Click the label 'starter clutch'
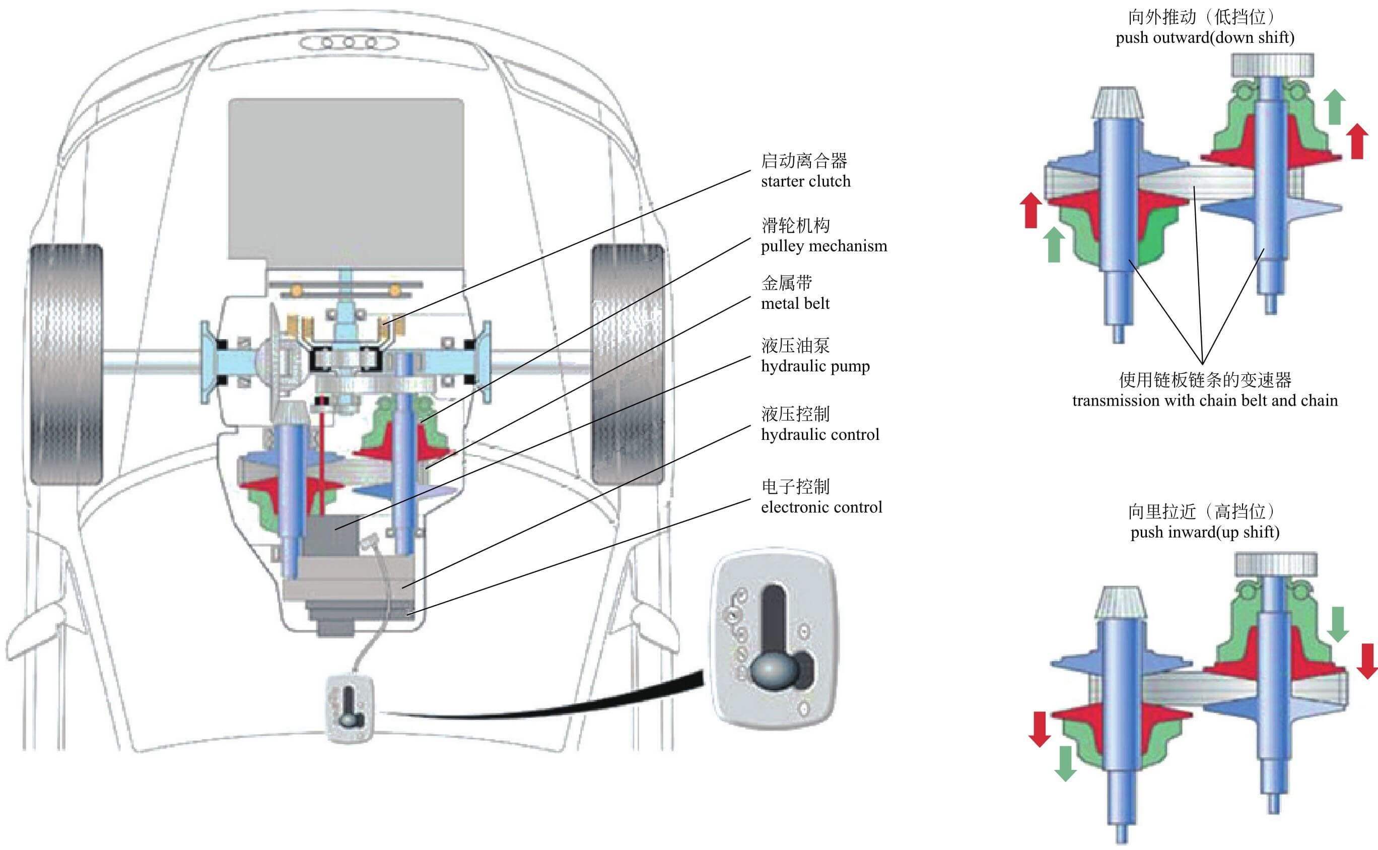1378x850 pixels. [805, 181]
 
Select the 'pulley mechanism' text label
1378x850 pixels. [823, 246]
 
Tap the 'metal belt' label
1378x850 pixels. [795, 303]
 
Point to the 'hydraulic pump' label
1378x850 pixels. [815, 366]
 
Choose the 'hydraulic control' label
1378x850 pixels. [819, 434]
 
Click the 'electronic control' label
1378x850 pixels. [821, 507]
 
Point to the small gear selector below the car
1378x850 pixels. [350, 709]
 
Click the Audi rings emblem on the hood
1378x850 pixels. [349, 42]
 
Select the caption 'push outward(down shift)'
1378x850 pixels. [1204, 38]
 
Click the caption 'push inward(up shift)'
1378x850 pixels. [1204, 532]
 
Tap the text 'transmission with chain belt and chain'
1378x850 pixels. [1204, 400]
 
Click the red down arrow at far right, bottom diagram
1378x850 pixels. [1366, 661]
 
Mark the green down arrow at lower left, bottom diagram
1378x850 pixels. [1065, 762]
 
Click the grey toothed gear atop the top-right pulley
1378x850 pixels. [1272, 65]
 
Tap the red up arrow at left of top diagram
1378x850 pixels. [1030, 210]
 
